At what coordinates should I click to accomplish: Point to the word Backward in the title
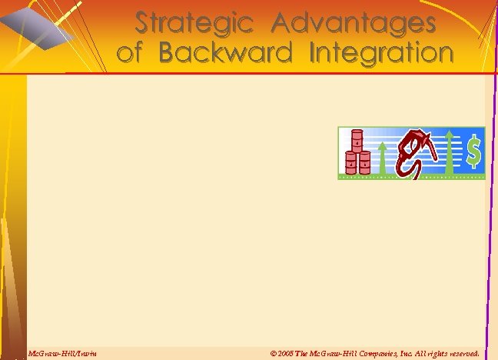pos(226,53)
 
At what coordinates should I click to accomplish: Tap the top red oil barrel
pos(357,141)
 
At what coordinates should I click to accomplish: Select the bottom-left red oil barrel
pos(352,163)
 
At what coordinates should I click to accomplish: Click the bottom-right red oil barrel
pos(364,163)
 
